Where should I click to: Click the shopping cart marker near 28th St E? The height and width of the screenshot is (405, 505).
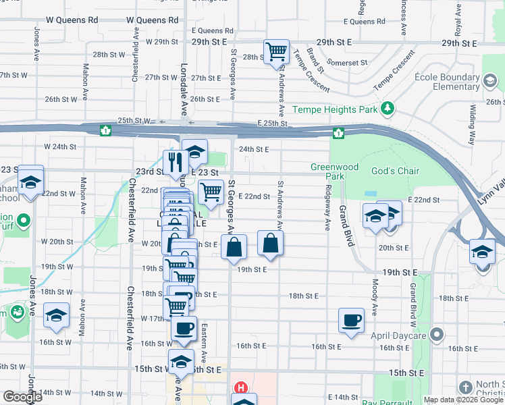point(276,52)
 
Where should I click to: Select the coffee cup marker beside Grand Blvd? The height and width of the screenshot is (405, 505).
point(351,321)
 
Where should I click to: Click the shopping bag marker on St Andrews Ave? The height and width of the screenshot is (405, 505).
point(270,244)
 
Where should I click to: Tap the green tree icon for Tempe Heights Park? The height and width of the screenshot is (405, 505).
point(387,109)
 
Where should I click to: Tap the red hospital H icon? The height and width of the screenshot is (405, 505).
point(240,388)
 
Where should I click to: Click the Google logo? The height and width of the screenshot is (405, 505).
point(22,397)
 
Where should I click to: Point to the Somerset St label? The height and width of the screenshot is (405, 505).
point(348,63)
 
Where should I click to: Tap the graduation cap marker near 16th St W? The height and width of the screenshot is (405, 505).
point(57,315)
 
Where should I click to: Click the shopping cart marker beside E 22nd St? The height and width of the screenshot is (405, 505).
point(211,192)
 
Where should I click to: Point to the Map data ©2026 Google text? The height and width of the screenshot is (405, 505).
point(464,400)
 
